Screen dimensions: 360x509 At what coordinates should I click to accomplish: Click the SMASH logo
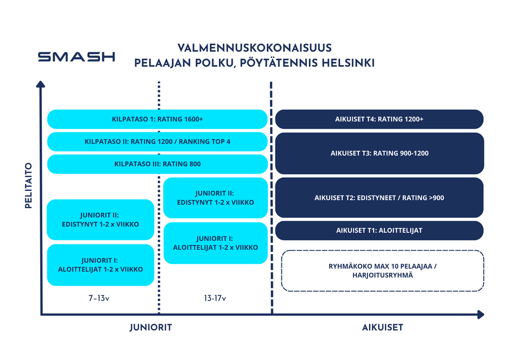[76, 56]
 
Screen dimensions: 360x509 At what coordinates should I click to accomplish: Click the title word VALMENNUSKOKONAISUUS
[254, 48]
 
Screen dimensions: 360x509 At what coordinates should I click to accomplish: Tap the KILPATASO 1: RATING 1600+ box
[157, 119]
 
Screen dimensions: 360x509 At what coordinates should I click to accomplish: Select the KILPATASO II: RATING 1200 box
[157, 142]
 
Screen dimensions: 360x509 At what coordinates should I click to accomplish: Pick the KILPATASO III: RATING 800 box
[157, 164]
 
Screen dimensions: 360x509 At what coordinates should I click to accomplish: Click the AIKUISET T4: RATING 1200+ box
[379, 119]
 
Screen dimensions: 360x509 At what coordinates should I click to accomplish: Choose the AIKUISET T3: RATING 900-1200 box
[379, 153]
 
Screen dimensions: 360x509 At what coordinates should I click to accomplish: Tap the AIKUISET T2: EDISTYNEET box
[379, 197]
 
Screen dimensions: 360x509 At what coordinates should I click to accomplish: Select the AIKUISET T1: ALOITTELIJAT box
[379, 230]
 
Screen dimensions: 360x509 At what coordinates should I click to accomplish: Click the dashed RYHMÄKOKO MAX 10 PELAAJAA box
[382, 270]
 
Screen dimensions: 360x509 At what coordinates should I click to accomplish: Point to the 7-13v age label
[100, 298]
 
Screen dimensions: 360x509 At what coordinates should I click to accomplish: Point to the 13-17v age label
[215, 298]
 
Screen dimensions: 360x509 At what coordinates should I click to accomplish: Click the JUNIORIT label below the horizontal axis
[150, 327]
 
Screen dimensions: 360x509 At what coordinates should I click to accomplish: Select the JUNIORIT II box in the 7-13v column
[100, 219]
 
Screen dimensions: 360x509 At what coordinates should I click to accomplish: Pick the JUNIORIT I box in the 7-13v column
[100, 265]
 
